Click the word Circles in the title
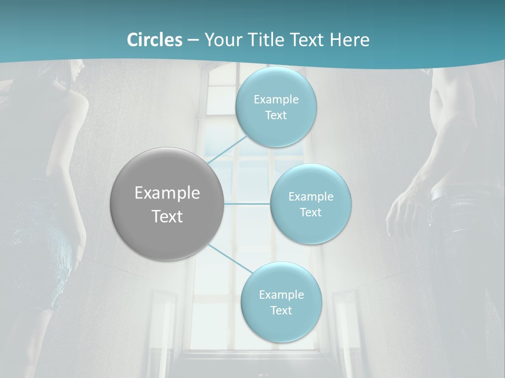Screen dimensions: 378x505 (x=154, y=40)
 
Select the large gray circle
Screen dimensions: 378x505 (x=167, y=204)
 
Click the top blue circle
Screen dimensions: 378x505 (x=276, y=107)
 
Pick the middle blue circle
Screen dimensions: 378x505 (x=310, y=204)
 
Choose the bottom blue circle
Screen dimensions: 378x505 (x=281, y=302)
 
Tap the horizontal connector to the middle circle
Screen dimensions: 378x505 (x=247, y=204)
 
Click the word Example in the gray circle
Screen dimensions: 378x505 (x=167, y=193)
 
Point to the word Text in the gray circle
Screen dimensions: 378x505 (x=167, y=216)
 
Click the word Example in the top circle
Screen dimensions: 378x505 (x=276, y=99)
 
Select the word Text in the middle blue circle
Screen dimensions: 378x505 (x=310, y=212)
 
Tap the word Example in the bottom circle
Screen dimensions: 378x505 (x=281, y=295)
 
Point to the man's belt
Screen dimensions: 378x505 (x=447, y=194)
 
